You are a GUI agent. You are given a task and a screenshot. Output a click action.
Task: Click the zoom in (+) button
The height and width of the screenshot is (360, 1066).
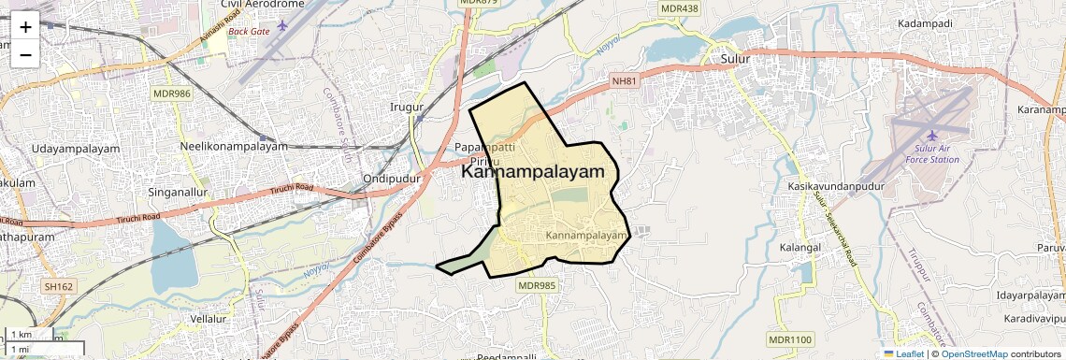[25, 26]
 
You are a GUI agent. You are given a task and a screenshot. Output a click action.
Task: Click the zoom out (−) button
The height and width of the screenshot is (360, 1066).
[25, 54]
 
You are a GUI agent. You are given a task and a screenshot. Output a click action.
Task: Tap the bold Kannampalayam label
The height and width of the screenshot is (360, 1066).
[533, 172]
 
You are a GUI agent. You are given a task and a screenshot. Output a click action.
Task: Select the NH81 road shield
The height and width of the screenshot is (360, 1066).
[624, 81]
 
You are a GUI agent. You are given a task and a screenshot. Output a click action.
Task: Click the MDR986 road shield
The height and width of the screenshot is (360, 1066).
[171, 94]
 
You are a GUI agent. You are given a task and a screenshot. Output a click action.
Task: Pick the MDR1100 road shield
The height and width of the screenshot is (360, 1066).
[790, 338]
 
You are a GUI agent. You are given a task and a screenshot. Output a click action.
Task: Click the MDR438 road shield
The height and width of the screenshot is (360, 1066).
[679, 8]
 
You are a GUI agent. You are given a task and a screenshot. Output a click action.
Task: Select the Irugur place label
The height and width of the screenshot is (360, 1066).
[407, 107]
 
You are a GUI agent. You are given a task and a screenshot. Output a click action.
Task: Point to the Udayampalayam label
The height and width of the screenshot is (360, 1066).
[76, 149]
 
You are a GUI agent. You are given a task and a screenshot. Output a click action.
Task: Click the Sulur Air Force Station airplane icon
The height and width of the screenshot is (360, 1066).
[931, 137]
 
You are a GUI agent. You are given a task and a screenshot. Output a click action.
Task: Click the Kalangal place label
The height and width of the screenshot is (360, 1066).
[799, 248]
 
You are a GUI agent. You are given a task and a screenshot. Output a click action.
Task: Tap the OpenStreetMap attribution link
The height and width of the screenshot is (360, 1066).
[973, 353]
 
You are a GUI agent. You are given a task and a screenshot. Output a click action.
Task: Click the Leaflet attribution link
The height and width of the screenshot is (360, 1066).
[903, 353]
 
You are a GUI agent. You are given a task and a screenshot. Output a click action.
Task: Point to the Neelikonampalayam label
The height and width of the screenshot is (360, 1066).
[234, 147]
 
